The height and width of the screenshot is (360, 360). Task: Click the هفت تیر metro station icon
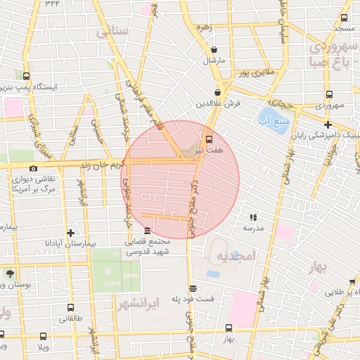click(x=209, y=139)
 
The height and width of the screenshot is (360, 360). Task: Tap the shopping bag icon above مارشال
click(x=214, y=50)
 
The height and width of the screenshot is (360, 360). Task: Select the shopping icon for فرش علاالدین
click(x=218, y=92)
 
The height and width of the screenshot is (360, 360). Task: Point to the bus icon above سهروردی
click(x=328, y=95)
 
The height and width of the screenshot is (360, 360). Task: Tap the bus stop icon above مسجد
click(x=345, y=18)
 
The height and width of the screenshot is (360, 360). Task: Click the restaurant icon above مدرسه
click(x=252, y=218)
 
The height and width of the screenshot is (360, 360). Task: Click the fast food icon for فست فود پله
click(x=193, y=288)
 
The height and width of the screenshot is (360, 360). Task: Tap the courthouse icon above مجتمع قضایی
click(x=146, y=231)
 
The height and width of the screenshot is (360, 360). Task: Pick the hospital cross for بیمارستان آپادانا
click(x=70, y=232)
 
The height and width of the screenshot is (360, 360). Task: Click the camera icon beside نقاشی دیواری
click(x=33, y=169)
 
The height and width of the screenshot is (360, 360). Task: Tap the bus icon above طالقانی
click(x=70, y=308)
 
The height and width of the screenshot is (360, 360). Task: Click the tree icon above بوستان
click(x=8, y=274)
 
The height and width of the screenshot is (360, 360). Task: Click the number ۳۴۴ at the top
click(x=52, y=4)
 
